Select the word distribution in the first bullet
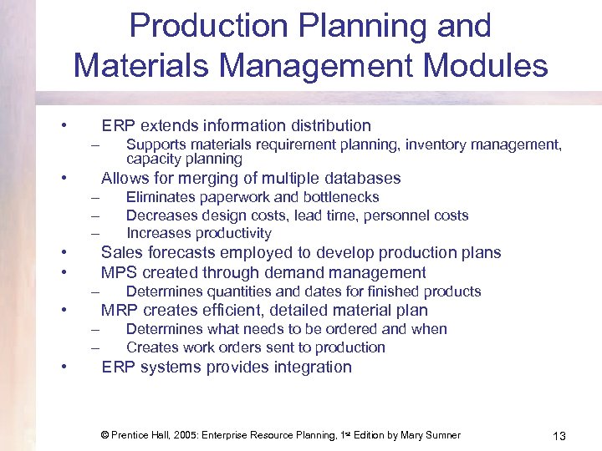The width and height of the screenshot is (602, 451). [x=330, y=126]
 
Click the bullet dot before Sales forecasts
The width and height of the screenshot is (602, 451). [x=63, y=253]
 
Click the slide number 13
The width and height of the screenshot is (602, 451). [x=559, y=436]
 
